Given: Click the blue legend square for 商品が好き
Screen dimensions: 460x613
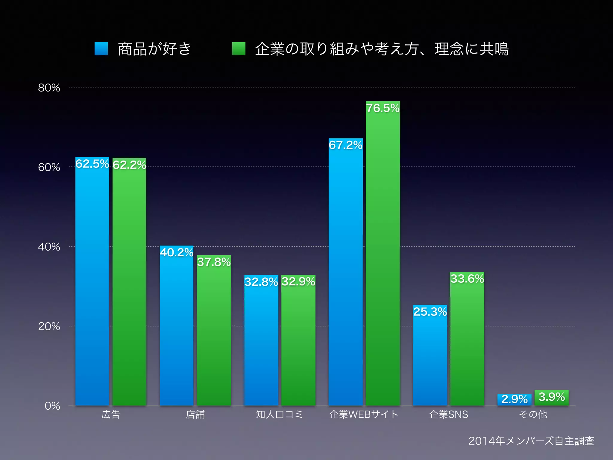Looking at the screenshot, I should coord(101,49).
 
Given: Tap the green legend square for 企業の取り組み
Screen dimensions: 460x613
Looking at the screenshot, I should coord(239,49).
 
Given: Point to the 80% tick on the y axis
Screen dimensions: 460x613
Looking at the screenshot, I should coord(49,88).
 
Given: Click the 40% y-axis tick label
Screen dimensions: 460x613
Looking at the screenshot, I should coord(49,247).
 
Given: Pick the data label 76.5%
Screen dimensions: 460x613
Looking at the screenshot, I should coord(383,108).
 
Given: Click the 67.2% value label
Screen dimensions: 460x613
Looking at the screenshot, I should coord(345,145).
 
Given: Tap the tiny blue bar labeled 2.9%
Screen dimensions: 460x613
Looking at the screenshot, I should coord(514,399).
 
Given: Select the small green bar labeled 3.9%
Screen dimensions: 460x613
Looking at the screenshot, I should coord(551,397).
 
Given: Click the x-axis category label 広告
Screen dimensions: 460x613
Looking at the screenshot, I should coord(110,414).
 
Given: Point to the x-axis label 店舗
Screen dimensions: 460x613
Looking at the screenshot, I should coord(195,414).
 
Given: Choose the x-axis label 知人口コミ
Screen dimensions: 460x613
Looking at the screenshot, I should coord(279,414).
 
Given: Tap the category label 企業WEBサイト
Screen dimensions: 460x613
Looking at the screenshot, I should coord(364,414).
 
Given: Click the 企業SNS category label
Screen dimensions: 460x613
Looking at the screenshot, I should coord(448,414).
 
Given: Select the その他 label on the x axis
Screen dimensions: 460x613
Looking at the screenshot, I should coord(533,414).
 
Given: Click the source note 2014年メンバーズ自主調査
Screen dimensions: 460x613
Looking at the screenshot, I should coord(531,441).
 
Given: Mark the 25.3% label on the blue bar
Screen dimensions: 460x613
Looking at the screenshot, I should coord(430,312).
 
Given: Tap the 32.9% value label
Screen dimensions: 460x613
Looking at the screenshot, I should coord(298,282).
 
